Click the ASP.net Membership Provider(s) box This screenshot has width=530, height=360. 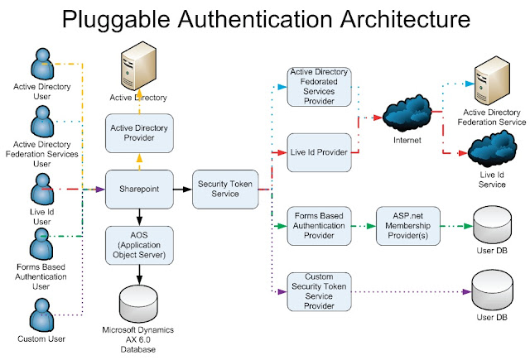pos(407,225)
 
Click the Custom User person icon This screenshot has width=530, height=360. pos(42,317)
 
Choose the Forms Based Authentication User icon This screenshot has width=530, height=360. pos(42,246)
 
